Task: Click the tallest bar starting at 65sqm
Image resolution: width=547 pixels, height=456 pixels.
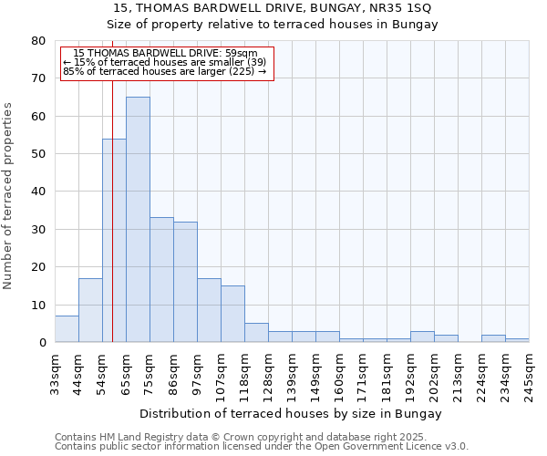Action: click(x=138, y=219)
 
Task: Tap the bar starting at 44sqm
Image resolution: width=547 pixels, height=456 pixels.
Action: click(x=90, y=310)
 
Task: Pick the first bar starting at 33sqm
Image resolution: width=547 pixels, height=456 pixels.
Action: click(x=67, y=329)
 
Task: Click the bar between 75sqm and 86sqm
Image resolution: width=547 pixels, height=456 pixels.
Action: click(x=161, y=279)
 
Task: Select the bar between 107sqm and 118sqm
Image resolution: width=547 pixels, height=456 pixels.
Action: click(x=232, y=314)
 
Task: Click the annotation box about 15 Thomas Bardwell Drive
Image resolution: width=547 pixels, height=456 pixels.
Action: click(x=167, y=62)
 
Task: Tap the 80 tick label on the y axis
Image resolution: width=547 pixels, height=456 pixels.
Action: click(x=37, y=41)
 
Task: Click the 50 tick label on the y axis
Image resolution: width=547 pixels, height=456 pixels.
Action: click(x=37, y=154)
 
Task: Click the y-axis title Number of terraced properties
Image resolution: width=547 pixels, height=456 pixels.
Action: click(x=9, y=195)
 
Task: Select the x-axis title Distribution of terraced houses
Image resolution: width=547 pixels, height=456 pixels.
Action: click(x=291, y=413)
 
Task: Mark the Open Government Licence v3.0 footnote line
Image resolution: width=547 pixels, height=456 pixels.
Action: click(x=262, y=447)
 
